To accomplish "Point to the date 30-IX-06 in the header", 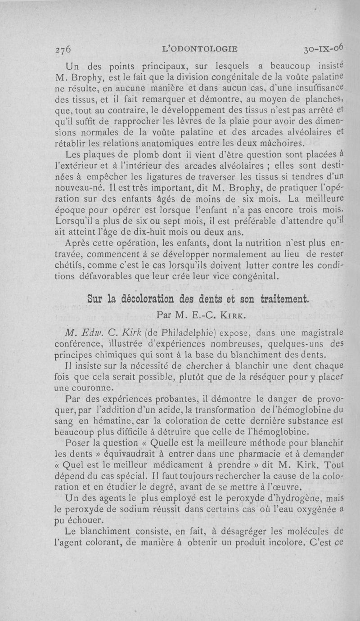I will pos(324,48).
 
